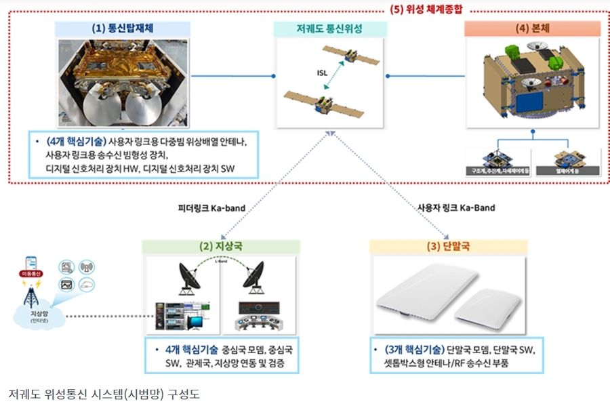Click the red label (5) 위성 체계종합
(x=430, y=10)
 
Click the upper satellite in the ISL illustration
(x=351, y=56)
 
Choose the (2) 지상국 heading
(x=220, y=247)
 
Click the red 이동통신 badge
(x=31, y=273)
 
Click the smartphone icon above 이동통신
(x=31, y=261)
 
